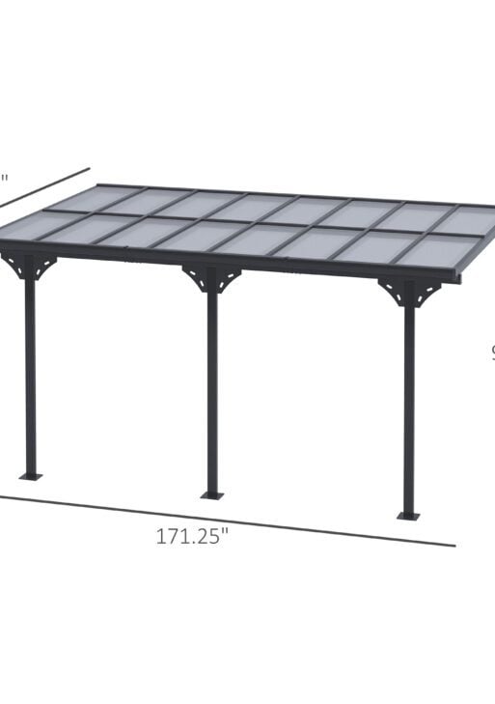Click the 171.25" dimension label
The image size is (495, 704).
192,537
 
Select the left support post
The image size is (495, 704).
30,377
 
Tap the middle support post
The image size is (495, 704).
211,396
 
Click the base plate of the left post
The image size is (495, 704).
31,475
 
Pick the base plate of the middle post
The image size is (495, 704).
211,495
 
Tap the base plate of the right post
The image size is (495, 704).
409,516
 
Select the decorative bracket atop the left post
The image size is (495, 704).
29,265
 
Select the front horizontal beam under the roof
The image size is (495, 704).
232,261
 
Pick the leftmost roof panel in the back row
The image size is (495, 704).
92,197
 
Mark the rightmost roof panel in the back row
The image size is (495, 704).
463,220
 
